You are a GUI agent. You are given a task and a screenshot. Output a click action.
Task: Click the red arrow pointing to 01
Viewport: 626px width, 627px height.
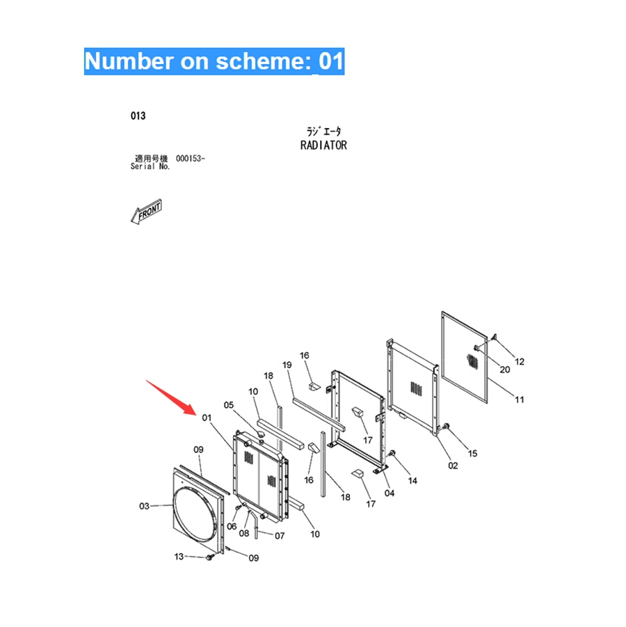tap(171, 397)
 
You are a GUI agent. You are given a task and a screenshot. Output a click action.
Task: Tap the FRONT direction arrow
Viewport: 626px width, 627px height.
tap(146, 211)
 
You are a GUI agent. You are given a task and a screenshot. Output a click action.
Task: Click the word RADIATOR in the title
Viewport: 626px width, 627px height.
tap(324, 145)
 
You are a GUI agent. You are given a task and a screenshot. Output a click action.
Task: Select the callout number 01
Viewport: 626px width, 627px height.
tap(207, 418)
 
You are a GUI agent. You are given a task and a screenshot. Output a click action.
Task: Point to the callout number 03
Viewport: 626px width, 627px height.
tap(144, 506)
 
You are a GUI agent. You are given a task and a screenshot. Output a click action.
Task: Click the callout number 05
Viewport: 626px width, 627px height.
tap(229, 405)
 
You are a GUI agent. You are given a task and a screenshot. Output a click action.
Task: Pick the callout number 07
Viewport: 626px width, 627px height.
tap(280, 536)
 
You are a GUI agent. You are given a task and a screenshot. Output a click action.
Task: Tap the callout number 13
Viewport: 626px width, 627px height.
tap(179, 557)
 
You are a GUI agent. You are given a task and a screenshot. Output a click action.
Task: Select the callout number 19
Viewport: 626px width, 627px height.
tap(287, 365)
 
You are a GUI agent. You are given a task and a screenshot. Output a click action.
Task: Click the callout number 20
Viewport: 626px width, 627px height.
tap(505, 370)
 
